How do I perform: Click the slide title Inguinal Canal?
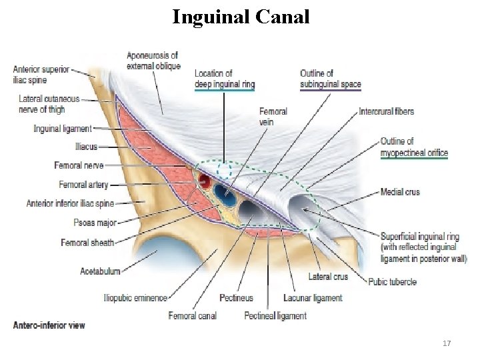pyautogui.click(x=241, y=17)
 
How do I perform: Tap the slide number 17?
pyautogui.click(x=447, y=343)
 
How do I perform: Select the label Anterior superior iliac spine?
pyautogui.click(x=41, y=74)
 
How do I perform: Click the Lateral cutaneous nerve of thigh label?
pyautogui.click(x=49, y=103)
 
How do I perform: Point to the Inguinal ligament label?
pyautogui.click(x=63, y=129)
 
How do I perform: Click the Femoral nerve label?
pyautogui.click(x=79, y=165)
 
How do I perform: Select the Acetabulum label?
pyautogui.click(x=100, y=271)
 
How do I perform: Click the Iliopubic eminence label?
pyautogui.click(x=135, y=298)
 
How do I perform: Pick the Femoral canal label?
pyautogui.click(x=192, y=315)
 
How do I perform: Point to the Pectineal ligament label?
pyautogui.click(x=275, y=315)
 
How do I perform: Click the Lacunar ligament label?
pyautogui.click(x=312, y=298)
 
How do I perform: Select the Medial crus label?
pyautogui.click(x=400, y=192)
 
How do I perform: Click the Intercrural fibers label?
pyautogui.click(x=386, y=111)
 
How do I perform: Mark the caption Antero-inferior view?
pyautogui.click(x=49, y=325)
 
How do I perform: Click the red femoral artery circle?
pyautogui.click(x=204, y=182)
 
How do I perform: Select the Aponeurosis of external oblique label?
pyautogui.click(x=153, y=61)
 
